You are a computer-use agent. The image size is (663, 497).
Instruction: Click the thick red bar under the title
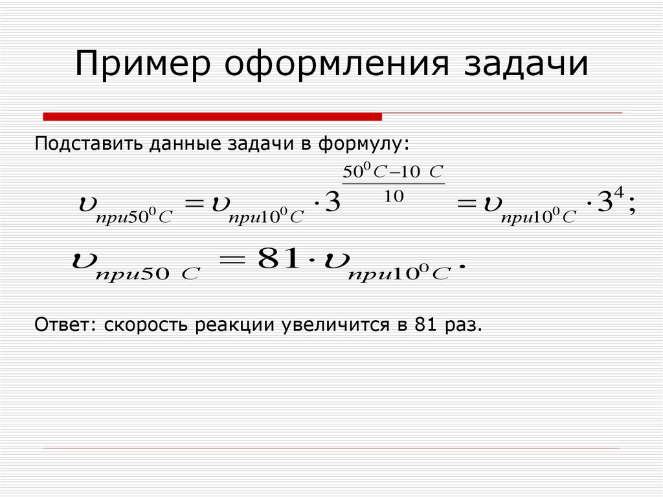tap(212, 117)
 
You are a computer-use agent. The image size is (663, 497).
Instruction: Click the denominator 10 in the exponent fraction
tap(394, 197)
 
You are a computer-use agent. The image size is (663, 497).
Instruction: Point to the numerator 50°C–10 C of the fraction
tap(392, 172)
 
